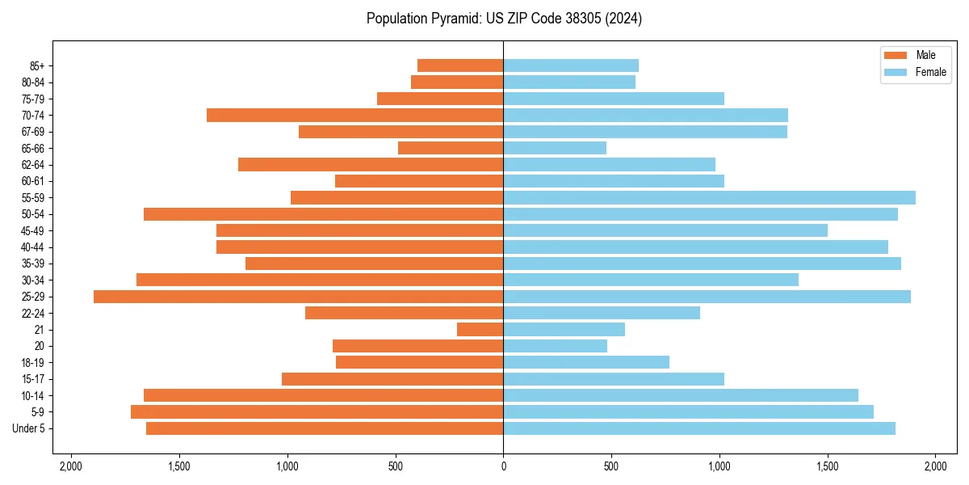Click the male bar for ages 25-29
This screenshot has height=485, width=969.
pyautogui.click(x=298, y=297)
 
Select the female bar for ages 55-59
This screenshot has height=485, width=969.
pyautogui.click(x=709, y=198)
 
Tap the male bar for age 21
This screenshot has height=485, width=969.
pyautogui.click(x=480, y=330)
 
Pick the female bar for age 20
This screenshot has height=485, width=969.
pyautogui.click(x=555, y=346)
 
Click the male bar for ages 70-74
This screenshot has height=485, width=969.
pyautogui.click(x=354, y=116)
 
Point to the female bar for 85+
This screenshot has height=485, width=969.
pyautogui.click(x=571, y=65)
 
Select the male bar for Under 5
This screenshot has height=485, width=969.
pyautogui.click(x=325, y=428)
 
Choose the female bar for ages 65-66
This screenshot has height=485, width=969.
pyautogui.click(x=555, y=148)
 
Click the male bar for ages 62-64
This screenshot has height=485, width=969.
pyautogui.click(x=371, y=165)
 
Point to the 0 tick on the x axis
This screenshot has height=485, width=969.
pyautogui.click(x=503, y=466)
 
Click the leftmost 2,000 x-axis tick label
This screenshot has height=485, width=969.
pyautogui.click(x=71, y=466)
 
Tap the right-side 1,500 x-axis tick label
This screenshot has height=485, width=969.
pyautogui.click(x=827, y=466)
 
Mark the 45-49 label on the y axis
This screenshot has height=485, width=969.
pyautogui.click(x=33, y=231)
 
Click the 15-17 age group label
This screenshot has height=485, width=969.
pyautogui.click(x=33, y=379)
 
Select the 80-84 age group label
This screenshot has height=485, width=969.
pyautogui.click(x=33, y=82)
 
